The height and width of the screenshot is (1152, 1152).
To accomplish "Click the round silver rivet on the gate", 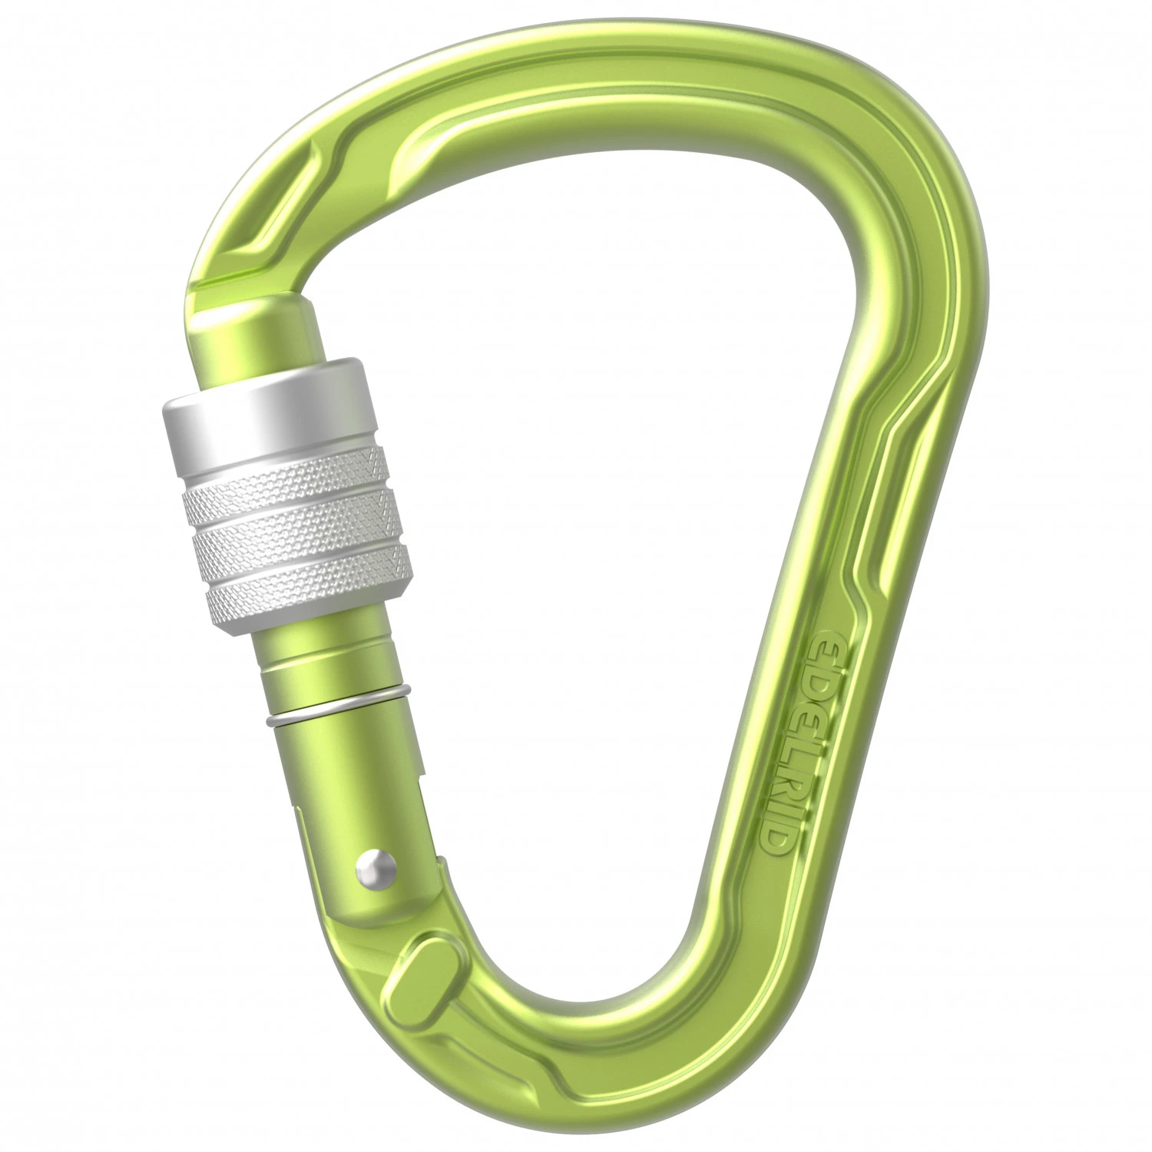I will coord(376,869).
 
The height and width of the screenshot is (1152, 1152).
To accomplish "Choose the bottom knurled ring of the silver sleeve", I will coord(307,584).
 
